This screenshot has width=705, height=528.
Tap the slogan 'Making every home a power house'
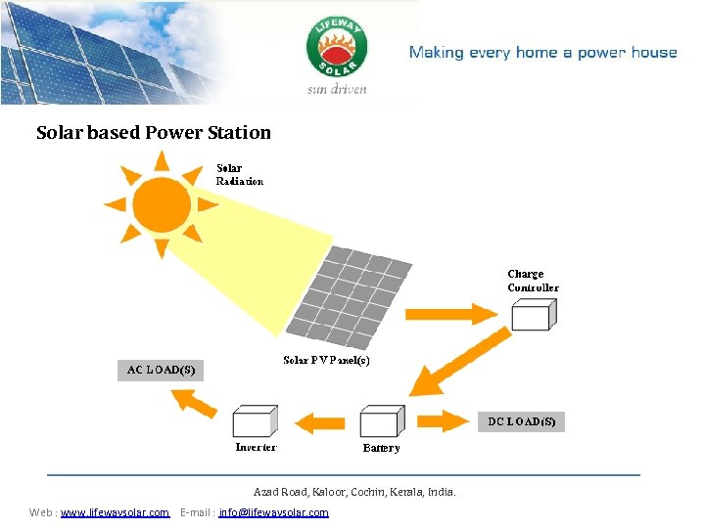[542, 53]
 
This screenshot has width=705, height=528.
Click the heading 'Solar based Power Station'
[154, 132]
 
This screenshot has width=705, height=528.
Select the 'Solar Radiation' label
[239, 174]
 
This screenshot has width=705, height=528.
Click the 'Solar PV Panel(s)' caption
[326, 361]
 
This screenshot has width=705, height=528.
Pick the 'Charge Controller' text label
[533, 281]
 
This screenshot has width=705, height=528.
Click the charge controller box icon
[534, 315]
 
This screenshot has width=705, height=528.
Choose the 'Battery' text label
[381, 448]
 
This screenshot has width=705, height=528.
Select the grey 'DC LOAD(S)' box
[521, 421]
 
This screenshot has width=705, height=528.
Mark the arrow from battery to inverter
[321, 422]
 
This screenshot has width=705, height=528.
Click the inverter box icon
[255, 421]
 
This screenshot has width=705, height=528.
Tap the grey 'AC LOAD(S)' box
[161, 370]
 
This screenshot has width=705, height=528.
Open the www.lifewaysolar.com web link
[115, 512]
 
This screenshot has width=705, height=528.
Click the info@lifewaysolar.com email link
[274, 512]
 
